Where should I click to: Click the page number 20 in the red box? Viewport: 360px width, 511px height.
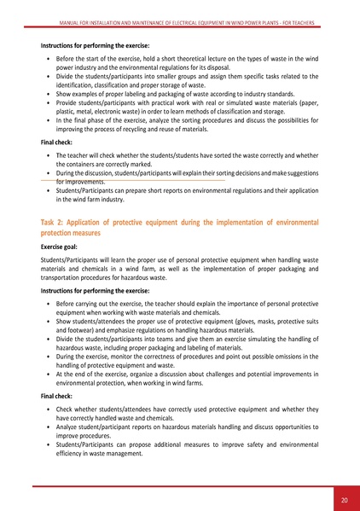(342, 498)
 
